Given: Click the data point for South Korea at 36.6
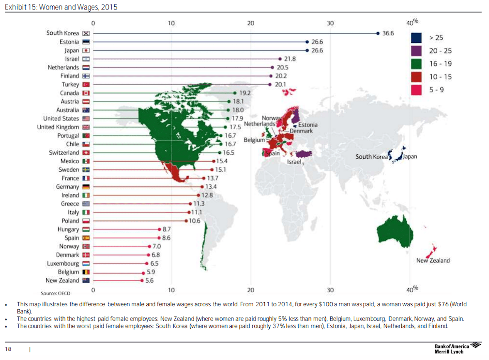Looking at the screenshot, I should [378, 33].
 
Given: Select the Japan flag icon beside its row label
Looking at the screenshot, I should [86, 50].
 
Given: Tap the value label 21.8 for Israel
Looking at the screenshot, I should [290, 59].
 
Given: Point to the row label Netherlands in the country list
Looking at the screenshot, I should [63, 68].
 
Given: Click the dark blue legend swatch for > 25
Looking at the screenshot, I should [416, 38].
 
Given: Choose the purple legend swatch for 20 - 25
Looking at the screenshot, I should [416, 51].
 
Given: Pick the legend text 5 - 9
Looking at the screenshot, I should [436, 90].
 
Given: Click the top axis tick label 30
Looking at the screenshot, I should [330, 23].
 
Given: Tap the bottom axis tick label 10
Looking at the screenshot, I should [171, 290].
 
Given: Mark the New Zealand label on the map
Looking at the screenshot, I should [433, 260].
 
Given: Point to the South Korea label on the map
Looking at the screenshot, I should [371, 157].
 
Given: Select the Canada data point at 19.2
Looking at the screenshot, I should [235, 93].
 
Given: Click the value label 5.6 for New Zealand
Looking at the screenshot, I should [149, 281].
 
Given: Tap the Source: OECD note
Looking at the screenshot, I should [55, 293].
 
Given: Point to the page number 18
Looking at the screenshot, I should [8, 349].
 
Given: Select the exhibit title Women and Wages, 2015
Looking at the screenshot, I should [61, 7].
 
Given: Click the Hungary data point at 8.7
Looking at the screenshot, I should [159, 229].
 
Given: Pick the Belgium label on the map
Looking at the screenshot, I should [254, 140].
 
